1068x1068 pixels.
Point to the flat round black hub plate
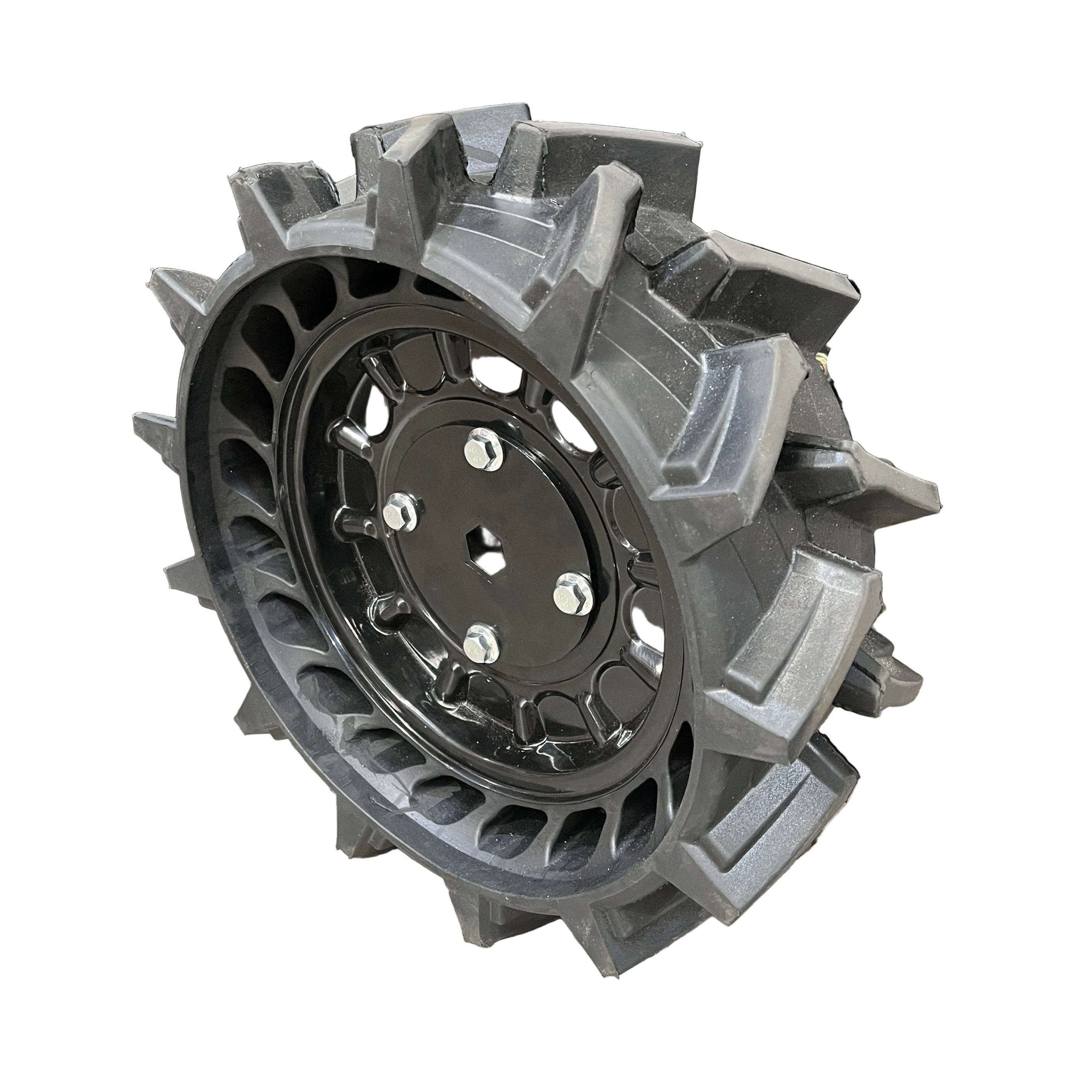coord(498,581)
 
